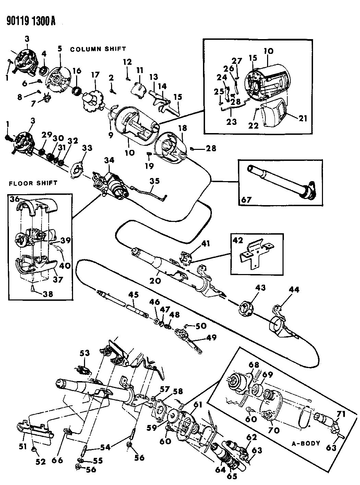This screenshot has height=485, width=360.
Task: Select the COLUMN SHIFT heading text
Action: point(98,49)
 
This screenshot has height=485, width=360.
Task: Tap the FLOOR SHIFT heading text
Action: point(33,183)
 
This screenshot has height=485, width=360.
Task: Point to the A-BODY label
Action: point(307,443)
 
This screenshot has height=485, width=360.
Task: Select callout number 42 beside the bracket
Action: point(237,239)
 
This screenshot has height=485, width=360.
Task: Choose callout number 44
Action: point(294,290)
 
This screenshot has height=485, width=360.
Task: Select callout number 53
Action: point(84,353)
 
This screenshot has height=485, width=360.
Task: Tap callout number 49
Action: point(211,338)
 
